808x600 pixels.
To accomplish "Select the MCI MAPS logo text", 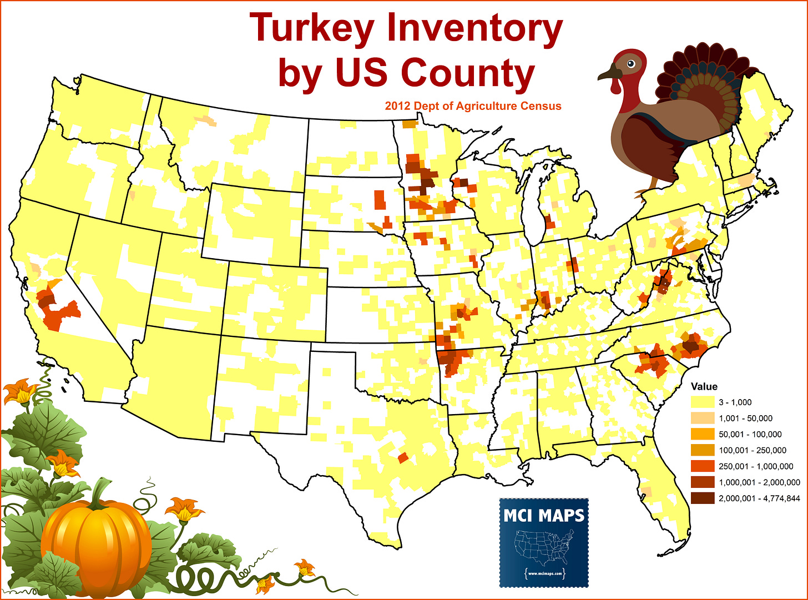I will pyautogui.click(x=544, y=516).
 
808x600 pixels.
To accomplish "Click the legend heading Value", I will pyautogui.click(x=704, y=386).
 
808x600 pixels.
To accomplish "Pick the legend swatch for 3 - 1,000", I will pyautogui.click(x=701, y=402).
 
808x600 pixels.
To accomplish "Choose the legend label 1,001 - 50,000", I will pyautogui.click(x=745, y=419).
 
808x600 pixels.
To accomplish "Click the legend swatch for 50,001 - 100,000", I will pyautogui.click(x=701, y=435).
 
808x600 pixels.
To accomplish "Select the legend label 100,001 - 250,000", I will pyautogui.click(x=752, y=451).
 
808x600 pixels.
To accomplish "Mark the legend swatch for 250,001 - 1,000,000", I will pyautogui.click(x=701, y=467).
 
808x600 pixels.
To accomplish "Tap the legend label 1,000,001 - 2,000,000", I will pyautogui.click(x=759, y=483).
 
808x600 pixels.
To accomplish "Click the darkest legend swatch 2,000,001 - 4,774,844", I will pyautogui.click(x=701, y=499).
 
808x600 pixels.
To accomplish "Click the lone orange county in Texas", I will pyautogui.click(x=403, y=458).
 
